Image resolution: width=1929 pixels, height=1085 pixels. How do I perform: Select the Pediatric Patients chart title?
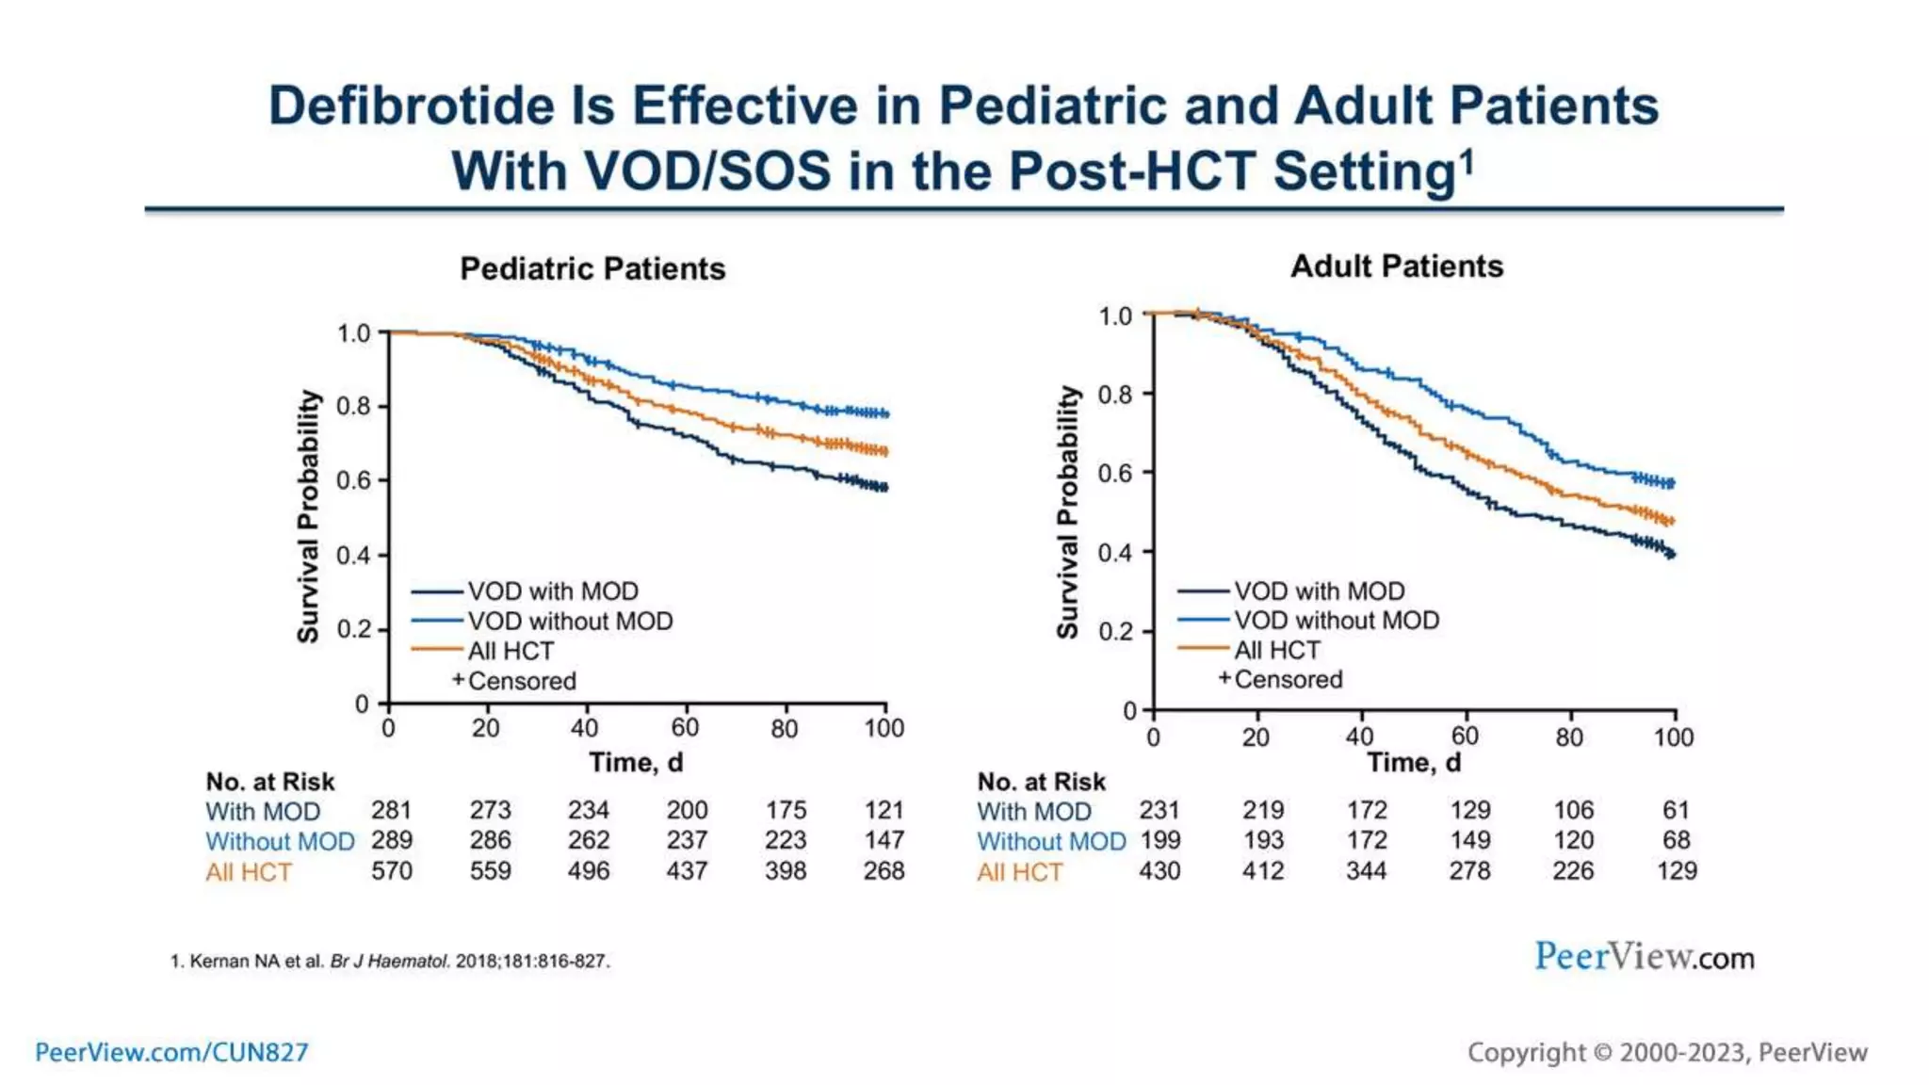pos(592,269)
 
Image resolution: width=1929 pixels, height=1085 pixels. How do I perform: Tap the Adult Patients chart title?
pos(1396,267)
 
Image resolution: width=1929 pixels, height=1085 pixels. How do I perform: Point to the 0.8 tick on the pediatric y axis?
pos(354,407)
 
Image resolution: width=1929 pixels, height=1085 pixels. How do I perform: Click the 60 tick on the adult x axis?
pos(1465,737)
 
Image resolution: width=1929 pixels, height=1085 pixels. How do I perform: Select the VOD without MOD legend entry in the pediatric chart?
pos(570,622)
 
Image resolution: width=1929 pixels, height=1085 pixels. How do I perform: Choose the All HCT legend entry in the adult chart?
pos(1276,651)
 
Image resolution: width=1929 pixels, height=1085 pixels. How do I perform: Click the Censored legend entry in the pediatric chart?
pos(521,681)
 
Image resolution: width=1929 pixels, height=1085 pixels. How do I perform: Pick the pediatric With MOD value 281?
pos(391,810)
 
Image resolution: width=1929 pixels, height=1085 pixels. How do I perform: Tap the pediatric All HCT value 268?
pos(883,871)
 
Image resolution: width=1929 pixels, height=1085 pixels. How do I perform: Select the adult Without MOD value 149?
pos(1469,840)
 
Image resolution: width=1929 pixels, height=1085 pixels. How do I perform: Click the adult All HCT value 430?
pos(1159,871)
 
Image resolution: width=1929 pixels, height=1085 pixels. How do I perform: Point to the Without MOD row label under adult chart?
pos(1051,841)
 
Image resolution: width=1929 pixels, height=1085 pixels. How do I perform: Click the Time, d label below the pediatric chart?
pos(636,763)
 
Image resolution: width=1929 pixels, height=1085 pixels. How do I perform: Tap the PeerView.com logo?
pos(1644,957)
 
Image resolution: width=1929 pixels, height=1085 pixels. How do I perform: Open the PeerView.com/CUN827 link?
pos(171,1052)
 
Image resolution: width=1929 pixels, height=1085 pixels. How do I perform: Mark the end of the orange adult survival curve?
pos(1671,521)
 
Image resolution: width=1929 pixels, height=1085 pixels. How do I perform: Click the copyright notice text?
pos(1667,1052)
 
